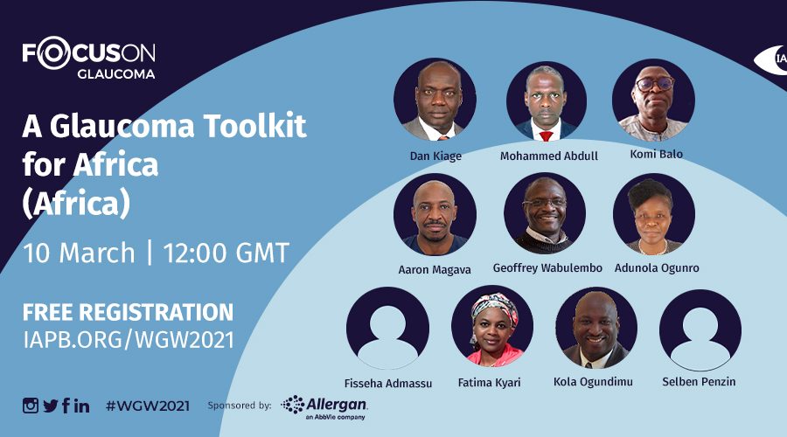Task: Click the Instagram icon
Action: coord(30,406)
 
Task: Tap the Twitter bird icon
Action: coord(51,406)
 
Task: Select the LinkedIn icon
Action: coord(82,406)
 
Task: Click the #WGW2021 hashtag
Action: coord(148,406)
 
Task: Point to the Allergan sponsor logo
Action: coord(324,407)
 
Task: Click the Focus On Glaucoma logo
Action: coord(88,58)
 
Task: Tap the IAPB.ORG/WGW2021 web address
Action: coord(129,340)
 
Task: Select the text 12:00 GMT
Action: coord(226,253)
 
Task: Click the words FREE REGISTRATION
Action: coord(128,312)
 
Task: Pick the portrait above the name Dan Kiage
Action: coord(435,100)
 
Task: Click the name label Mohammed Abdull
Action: coord(548,156)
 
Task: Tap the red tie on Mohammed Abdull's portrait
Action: coord(546,135)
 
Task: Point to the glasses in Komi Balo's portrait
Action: coord(655,83)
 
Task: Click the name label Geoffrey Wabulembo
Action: coord(547,268)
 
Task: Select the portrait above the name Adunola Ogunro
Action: coord(654,214)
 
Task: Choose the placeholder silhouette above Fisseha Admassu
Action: coord(387,328)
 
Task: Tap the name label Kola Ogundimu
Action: coord(593,382)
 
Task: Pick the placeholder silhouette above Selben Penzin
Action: coord(700,330)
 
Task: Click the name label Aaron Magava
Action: coord(435,270)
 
